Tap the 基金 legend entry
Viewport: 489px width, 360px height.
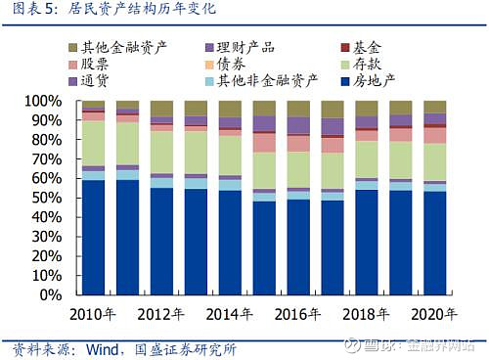(370, 47)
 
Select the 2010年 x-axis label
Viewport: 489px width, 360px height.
(94, 315)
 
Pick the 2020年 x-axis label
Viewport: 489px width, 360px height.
(435, 315)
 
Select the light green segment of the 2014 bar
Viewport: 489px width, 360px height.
(230, 156)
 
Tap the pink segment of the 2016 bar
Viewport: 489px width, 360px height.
(298, 143)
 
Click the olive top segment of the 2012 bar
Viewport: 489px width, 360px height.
(161, 108)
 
